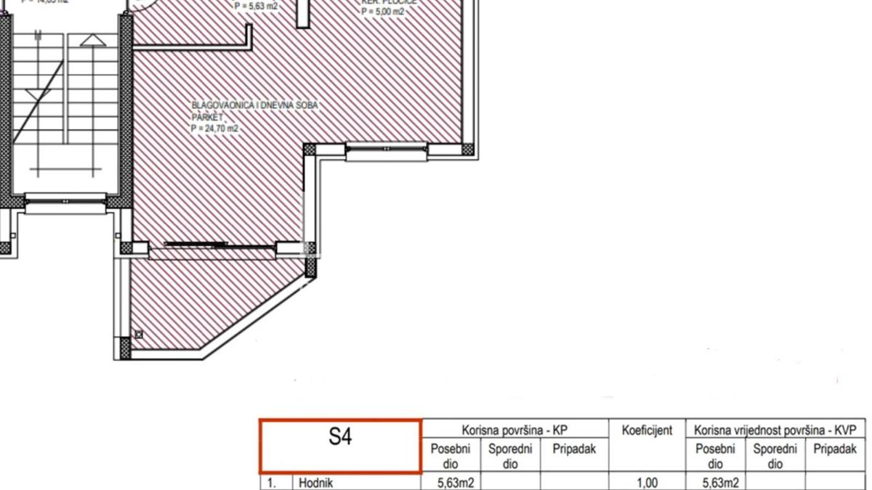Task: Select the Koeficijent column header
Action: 647,430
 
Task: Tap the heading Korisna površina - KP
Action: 514,430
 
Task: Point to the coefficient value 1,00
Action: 647,482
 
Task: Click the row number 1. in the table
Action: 271,482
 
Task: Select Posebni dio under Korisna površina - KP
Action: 451,456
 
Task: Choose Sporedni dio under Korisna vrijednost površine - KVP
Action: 775,456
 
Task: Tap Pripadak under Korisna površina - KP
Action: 574,449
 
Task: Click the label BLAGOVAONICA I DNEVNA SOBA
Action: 255,105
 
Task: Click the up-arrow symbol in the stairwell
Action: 92,41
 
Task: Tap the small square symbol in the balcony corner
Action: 139,335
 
